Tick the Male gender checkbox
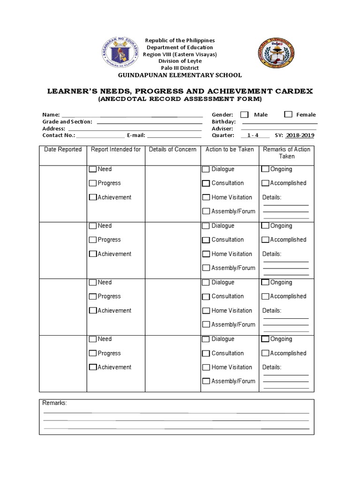pos(244,114)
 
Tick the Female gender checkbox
pos(288,114)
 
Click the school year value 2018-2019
pos(300,135)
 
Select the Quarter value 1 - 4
pos(253,135)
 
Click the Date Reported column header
pos(63,150)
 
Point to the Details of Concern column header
pos(172,150)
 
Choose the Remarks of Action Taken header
pos(286,153)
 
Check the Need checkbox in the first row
pos(93,169)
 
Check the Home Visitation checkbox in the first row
pos(206,197)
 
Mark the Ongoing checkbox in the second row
pos(265,225)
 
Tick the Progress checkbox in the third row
pos(93,296)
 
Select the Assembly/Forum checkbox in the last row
pos(206,381)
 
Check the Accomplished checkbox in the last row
pos(265,353)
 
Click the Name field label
pos(51,114)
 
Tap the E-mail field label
pos(136,135)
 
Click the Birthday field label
pos(224,121)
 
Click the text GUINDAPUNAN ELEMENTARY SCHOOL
pos(180,75)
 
